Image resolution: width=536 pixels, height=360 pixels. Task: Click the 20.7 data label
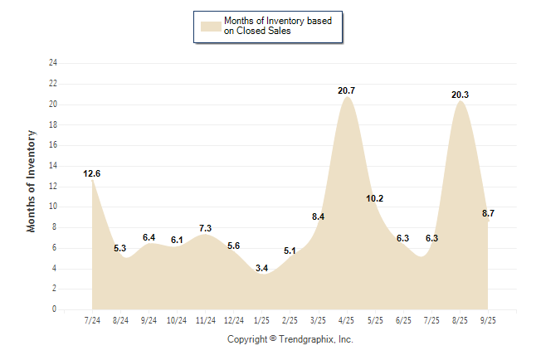tap(347, 90)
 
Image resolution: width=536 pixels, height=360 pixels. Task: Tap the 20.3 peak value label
tap(460, 95)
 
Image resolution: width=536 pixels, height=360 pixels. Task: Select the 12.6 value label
tap(92, 173)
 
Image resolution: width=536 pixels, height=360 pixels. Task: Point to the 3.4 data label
tap(261, 268)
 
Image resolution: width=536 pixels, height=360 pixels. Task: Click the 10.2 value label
tap(374, 198)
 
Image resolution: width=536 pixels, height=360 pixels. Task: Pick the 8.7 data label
tap(488, 213)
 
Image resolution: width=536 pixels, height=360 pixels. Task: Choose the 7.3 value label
tap(205, 228)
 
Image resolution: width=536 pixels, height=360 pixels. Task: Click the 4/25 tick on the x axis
tap(347, 320)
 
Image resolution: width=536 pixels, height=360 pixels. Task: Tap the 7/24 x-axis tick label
tap(92, 320)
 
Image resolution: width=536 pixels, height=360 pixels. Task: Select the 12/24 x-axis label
tap(233, 320)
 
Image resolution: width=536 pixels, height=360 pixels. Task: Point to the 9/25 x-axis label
tap(488, 320)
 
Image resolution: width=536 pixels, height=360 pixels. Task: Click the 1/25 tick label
tap(261, 320)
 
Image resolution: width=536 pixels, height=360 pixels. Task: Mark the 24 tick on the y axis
tap(53, 63)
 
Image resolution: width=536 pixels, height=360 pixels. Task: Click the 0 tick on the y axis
tap(55, 309)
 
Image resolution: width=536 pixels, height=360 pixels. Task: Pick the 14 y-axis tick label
tap(53, 166)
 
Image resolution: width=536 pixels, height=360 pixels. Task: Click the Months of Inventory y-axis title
tap(32, 180)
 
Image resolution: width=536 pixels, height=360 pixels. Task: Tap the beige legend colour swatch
tap(211, 26)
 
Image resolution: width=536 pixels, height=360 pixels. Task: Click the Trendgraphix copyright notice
tap(290, 339)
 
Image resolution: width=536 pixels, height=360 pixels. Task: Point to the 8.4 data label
tap(318, 216)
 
